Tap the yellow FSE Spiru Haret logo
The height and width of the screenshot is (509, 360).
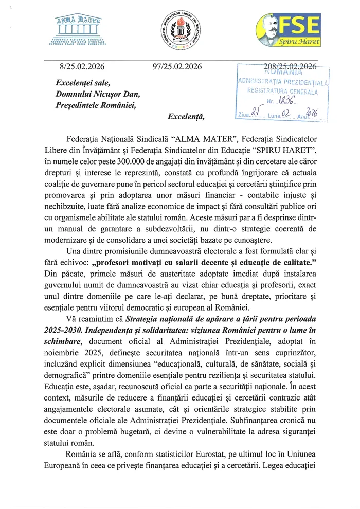click(x=289, y=29)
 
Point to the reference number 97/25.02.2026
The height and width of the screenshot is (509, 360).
click(x=178, y=66)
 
